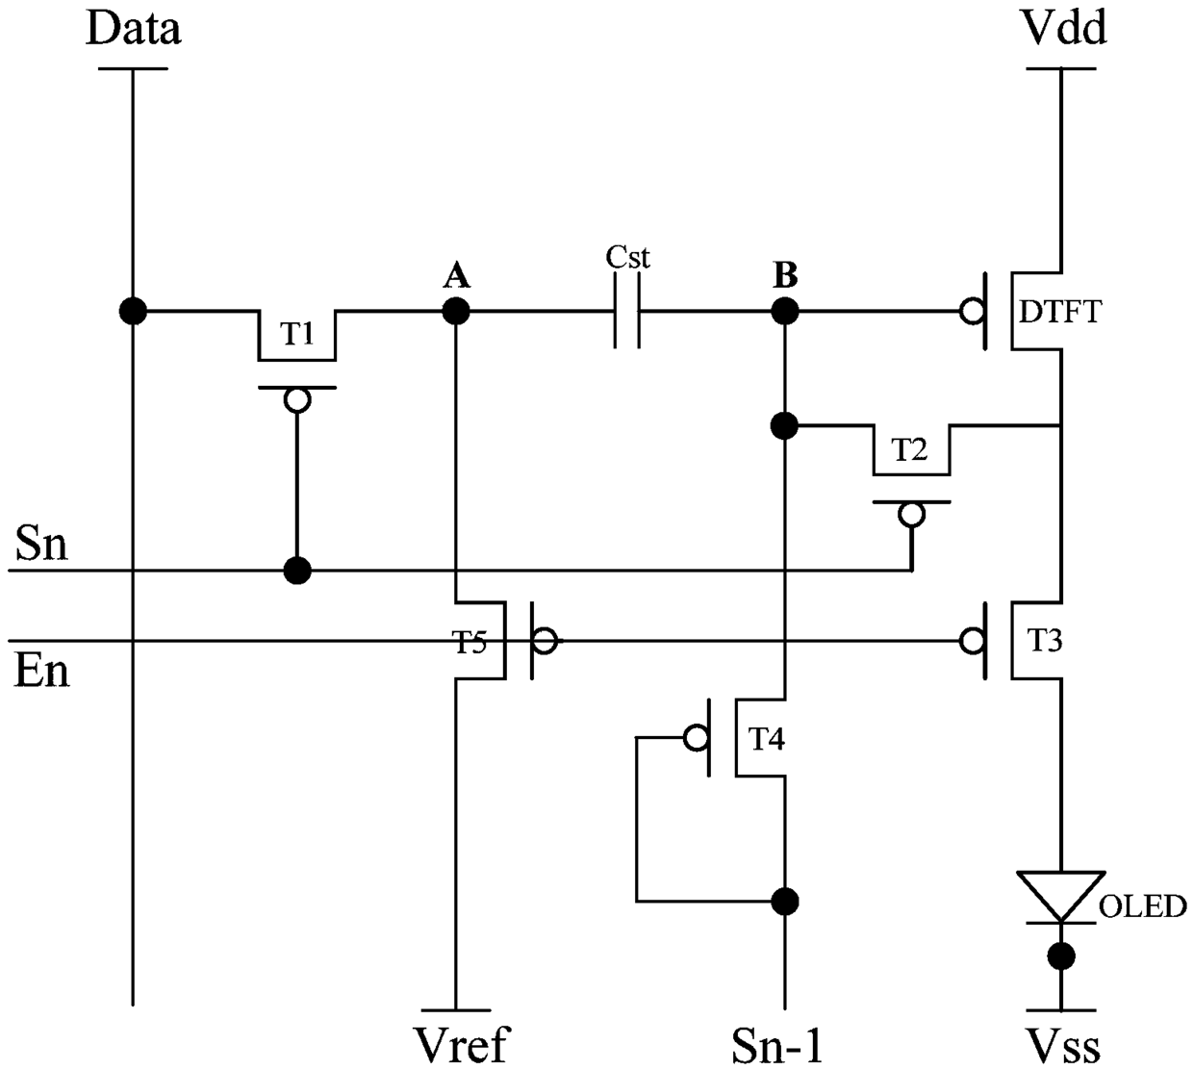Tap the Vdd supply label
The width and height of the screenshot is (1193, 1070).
pyautogui.click(x=1065, y=27)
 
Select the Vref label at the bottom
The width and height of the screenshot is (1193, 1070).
pyautogui.click(x=461, y=1043)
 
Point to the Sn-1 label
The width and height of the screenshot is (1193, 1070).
pyautogui.click(x=776, y=1045)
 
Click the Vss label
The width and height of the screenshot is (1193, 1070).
pyautogui.click(x=1064, y=1045)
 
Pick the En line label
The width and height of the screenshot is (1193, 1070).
pyautogui.click(x=41, y=670)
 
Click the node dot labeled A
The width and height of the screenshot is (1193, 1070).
pyautogui.click(x=456, y=311)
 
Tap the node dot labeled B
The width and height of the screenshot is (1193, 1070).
pyautogui.click(x=785, y=311)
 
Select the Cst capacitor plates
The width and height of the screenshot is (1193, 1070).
pyautogui.click(x=627, y=311)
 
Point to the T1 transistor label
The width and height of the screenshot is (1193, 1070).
pyautogui.click(x=296, y=333)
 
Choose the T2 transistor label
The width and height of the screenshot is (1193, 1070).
pyautogui.click(x=910, y=449)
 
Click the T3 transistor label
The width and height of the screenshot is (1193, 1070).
pyautogui.click(x=1045, y=640)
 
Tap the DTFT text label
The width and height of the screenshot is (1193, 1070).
pyautogui.click(x=1060, y=312)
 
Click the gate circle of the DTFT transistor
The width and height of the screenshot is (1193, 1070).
pyautogui.click(x=972, y=311)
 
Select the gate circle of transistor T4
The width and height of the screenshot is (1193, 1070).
pyautogui.click(x=697, y=737)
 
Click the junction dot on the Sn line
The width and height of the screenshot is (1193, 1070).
pyautogui.click(x=297, y=571)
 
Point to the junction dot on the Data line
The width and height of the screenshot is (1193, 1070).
pyautogui.click(x=133, y=311)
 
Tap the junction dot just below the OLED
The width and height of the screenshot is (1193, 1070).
pyautogui.click(x=1061, y=955)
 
